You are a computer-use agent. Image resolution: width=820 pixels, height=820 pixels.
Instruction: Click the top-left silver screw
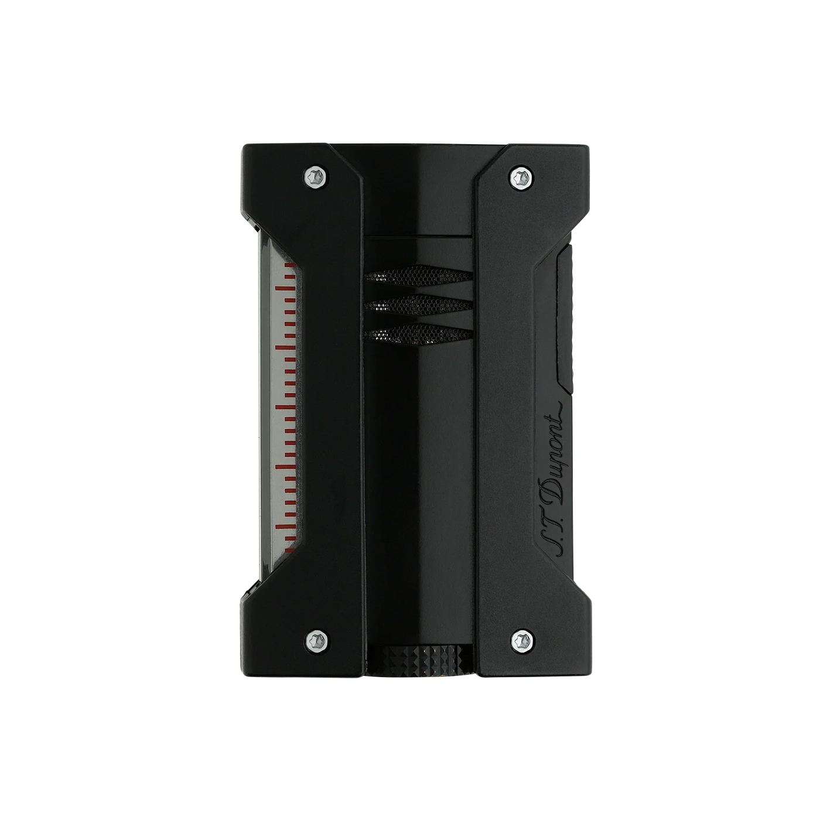tap(316, 175)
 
